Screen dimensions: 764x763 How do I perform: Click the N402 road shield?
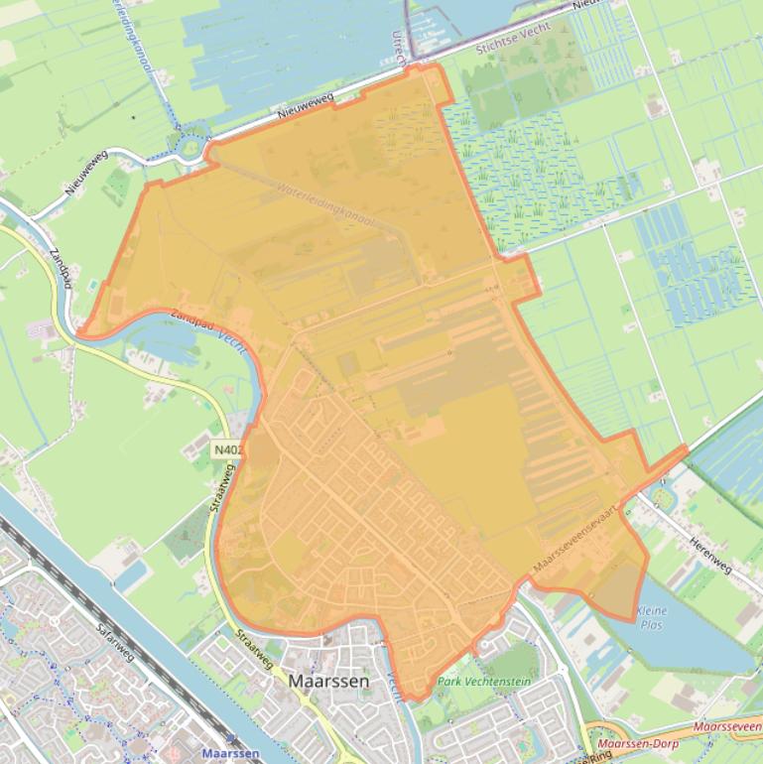click(x=227, y=450)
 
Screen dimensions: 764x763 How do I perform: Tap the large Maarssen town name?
click(x=328, y=682)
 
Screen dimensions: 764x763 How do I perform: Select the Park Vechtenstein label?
click(x=484, y=682)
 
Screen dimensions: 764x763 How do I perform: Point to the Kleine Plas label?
click(x=652, y=617)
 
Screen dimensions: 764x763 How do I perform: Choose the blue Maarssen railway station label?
click(x=230, y=753)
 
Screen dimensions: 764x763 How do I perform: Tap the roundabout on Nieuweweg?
click(x=191, y=148)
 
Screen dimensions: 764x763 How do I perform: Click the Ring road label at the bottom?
click(x=599, y=755)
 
